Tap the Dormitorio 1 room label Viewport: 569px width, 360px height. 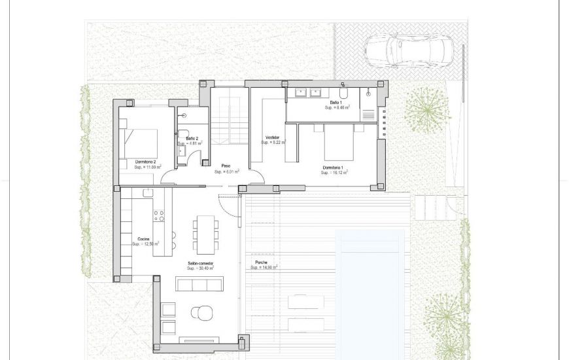point(334,168)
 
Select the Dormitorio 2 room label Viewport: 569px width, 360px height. point(147,162)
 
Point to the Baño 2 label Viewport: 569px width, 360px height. point(192,138)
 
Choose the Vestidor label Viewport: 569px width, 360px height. point(272,137)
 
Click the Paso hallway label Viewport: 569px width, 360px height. point(226,166)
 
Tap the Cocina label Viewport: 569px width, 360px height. point(145,239)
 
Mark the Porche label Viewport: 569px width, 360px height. point(257,262)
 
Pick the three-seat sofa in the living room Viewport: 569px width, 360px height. point(199,283)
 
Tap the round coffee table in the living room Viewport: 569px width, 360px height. point(201,312)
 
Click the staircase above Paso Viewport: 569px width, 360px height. point(230,120)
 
